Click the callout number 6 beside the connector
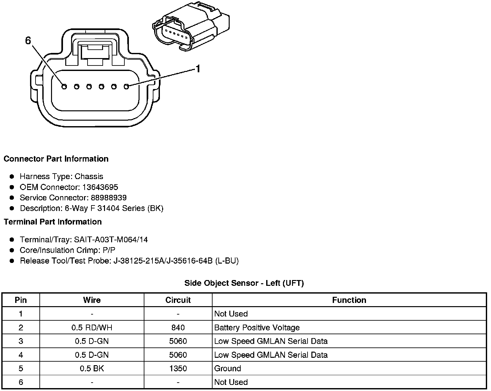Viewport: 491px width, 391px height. tap(28, 41)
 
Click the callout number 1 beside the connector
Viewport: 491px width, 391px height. tap(198, 69)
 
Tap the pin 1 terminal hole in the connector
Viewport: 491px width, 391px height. tap(126, 86)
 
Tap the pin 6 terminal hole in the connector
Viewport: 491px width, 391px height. tap(64, 86)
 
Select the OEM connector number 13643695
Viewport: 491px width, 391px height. tap(100, 187)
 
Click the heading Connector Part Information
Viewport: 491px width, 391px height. tap(56, 159)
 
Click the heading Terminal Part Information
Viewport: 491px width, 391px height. tap(53, 222)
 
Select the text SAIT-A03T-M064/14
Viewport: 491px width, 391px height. tap(111, 240)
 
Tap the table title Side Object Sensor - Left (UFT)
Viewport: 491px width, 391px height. tap(244, 283)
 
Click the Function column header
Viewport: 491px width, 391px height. tap(349, 300)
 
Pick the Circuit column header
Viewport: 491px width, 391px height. tap(178, 300)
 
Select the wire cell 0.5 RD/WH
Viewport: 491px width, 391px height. tap(92, 328)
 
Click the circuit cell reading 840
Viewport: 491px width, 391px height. tap(178, 328)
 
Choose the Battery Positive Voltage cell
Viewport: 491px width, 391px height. tap(257, 328)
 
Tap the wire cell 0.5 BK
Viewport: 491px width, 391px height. tap(92, 368)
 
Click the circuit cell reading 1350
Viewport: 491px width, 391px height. tap(178, 368)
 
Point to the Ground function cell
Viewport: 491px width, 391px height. tap(227, 368)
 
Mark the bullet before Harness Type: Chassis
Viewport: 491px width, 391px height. tap(12, 176)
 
